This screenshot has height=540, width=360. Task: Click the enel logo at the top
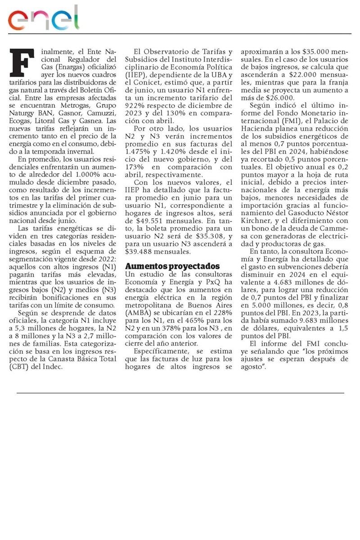[43, 18]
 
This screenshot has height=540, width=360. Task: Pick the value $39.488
[141, 252]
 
